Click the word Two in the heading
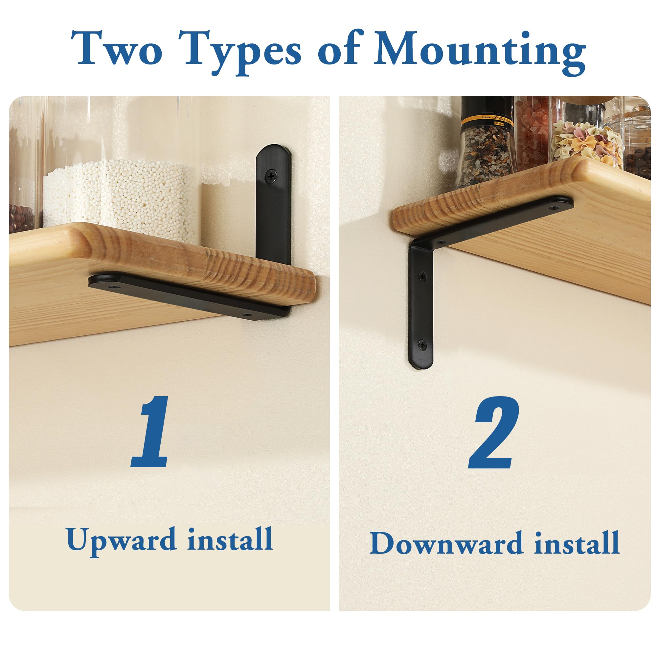[x=117, y=48]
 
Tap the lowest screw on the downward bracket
[x=423, y=346]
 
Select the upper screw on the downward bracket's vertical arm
[x=423, y=277]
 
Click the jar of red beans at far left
[x=21, y=218]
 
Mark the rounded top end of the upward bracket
[x=273, y=149]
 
